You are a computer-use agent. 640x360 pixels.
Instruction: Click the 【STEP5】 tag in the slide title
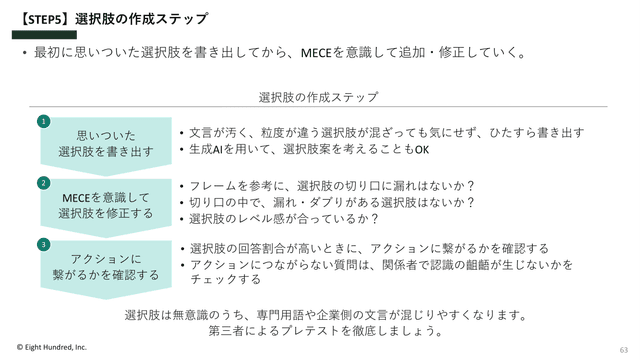pyautogui.click(x=44, y=19)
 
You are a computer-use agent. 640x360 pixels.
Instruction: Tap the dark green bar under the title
pyautogui.click(x=44, y=35)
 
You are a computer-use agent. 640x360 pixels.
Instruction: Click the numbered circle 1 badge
pyautogui.click(x=44, y=121)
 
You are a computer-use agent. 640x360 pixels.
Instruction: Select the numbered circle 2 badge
pyautogui.click(x=44, y=183)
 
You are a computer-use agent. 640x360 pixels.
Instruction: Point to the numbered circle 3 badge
pyautogui.click(x=44, y=244)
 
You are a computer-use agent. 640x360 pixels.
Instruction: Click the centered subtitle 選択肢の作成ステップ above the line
pyautogui.click(x=318, y=97)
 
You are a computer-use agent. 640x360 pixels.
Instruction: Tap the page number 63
pyautogui.click(x=624, y=350)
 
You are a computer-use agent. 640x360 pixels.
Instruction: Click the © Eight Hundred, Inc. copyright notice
pyautogui.click(x=52, y=347)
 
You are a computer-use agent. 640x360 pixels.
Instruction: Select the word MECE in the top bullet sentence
pyautogui.click(x=316, y=53)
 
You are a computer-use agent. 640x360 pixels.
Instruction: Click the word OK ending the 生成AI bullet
pyautogui.click(x=422, y=150)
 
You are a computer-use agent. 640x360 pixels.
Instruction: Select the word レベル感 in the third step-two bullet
pyautogui.click(x=261, y=219)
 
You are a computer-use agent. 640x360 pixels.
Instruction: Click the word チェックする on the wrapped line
pyautogui.click(x=225, y=279)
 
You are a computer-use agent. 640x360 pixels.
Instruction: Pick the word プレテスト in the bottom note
pyautogui.click(x=310, y=331)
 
